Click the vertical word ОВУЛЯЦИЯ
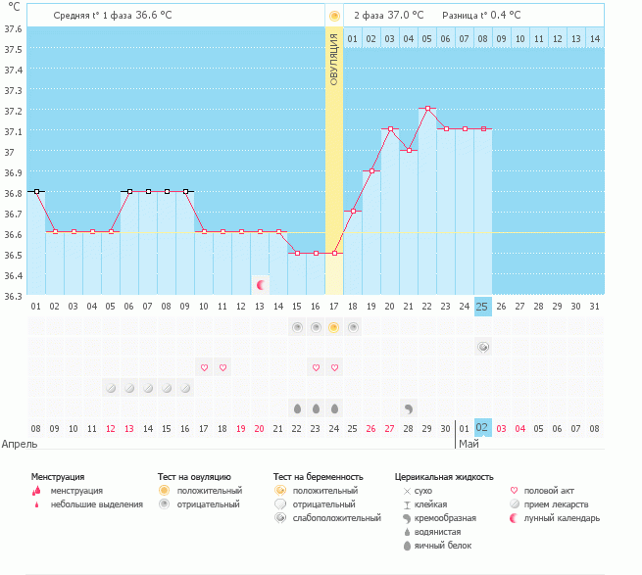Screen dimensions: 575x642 (x=334, y=60)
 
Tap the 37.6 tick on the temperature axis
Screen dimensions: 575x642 (x=14, y=28)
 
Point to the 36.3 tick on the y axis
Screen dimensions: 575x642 (x=14, y=296)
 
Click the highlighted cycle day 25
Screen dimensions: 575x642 (x=482, y=307)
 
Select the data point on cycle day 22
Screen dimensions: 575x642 (x=426, y=109)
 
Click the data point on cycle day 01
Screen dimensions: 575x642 (x=35, y=192)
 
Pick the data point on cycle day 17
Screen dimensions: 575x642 (x=334, y=254)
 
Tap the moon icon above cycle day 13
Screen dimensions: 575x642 (x=260, y=285)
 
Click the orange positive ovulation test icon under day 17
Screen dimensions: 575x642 (x=334, y=327)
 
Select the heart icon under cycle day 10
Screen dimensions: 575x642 (x=204, y=367)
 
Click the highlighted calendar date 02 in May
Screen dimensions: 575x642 (x=482, y=428)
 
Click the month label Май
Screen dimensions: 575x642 (x=469, y=443)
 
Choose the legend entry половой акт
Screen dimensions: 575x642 (x=549, y=490)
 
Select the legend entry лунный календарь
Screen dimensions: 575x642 (x=562, y=518)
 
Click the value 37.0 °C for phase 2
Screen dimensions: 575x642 (x=404, y=16)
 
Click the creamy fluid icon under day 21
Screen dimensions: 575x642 (x=408, y=407)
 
